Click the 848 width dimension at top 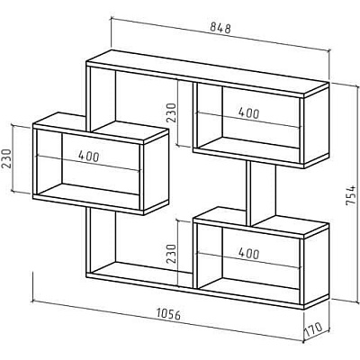click(220, 28)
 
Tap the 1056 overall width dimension click(168, 314)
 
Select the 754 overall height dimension click(350, 195)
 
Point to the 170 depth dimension click(314, 329)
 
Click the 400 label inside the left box click(88, 156)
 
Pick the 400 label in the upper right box click(248, 113)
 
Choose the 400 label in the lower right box click(248, 254)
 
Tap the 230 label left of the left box click(6, 158)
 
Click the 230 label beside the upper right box click(171, 112)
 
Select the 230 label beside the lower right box click(171, 254)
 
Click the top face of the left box click(100, 128)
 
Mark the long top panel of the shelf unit click(207, 73)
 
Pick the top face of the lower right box click(261, 222)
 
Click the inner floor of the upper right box click(249, 146)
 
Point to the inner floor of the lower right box click(249, 287)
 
